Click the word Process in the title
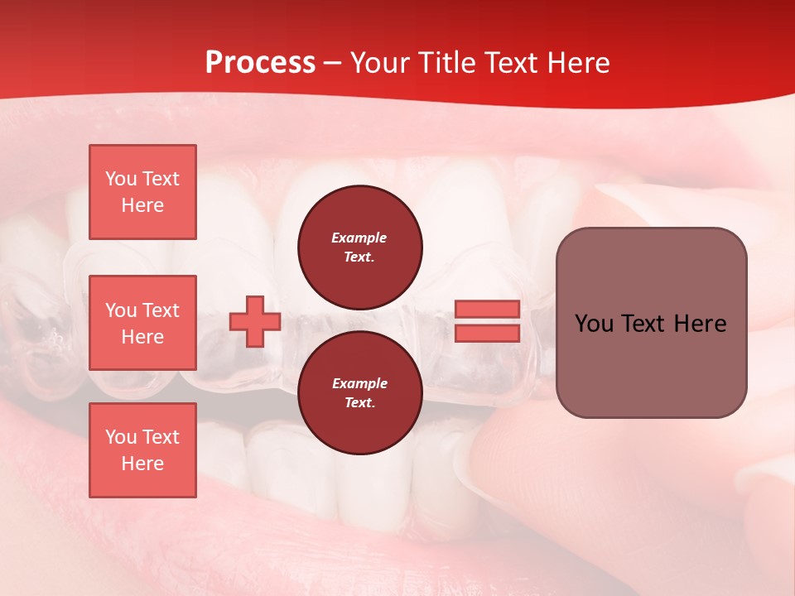click(260, 63)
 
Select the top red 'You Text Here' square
click(142, 192)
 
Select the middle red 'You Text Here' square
click(142, 323)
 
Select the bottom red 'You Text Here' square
click(142, 450)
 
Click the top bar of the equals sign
click(487, 310)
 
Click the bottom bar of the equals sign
click(487, 334)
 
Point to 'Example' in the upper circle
click(359, 238)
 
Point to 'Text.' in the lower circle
click(359, 403)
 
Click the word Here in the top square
click(142, 205)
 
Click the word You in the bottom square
click(121, 437)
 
